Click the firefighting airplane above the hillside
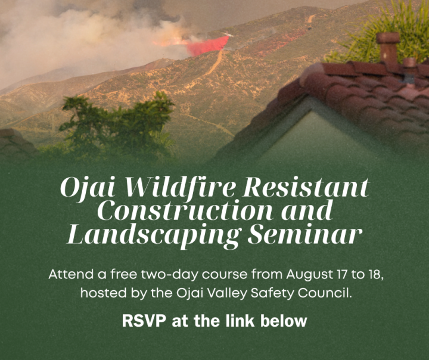click(228, 34)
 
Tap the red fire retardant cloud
click(208, 46)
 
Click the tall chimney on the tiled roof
click(388, 50)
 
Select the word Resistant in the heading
click(306, 188)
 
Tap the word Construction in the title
click(185, 211)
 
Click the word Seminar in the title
click(305, 235)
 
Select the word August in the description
click(309, 275)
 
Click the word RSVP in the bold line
click(144, 320)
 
